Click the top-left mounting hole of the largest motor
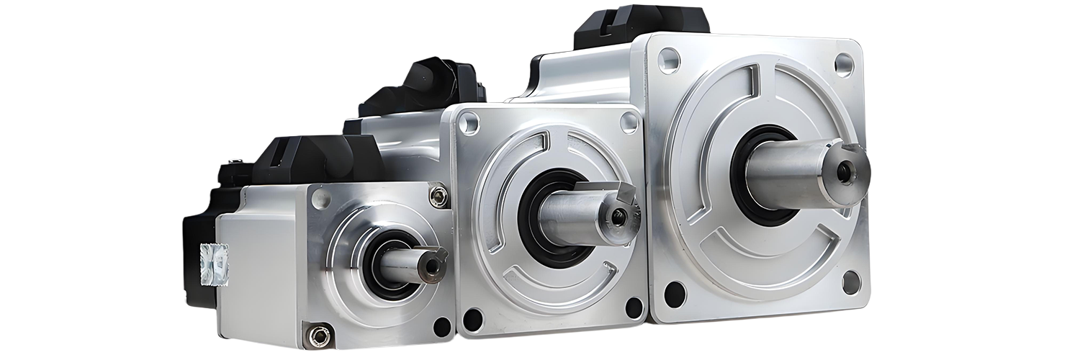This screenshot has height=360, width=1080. point(669,60)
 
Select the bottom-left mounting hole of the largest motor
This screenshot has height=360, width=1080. point(675,294)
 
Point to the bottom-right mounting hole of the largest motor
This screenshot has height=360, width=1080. point(852,282)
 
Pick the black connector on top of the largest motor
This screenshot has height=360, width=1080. point(641,22)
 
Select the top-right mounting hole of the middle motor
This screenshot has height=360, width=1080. point(629,122)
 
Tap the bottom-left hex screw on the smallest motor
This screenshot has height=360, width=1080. point(317,334)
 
